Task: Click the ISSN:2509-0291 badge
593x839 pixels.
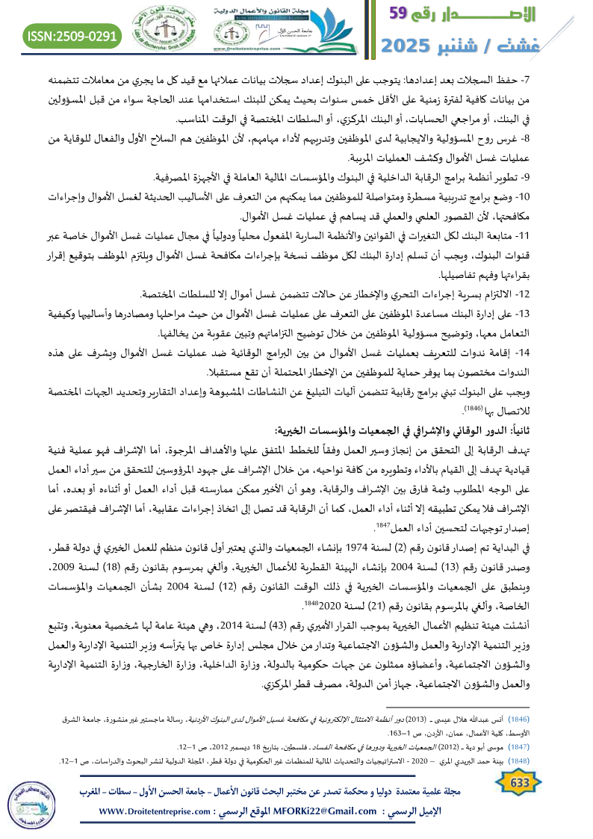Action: click(x=73, y=35)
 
